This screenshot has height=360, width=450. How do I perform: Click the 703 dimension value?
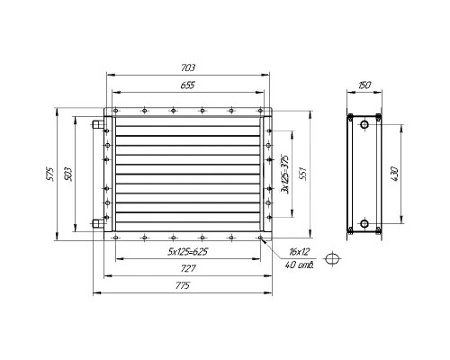pos(188,67)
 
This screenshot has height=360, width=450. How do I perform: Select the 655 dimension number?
pos(188,85)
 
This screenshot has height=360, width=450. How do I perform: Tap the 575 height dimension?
pos(50,174)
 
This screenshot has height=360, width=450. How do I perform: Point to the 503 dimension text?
pos(68,175)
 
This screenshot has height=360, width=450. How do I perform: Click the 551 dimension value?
pos(303,173)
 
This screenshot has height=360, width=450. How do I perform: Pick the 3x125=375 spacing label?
pos(284,175)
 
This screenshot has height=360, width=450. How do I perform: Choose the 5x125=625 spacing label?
pos(188,251)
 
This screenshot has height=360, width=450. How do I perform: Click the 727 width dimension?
pos(188,268)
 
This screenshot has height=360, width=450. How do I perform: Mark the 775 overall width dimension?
pos(183,285)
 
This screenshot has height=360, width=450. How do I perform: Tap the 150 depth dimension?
pos(364,85)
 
